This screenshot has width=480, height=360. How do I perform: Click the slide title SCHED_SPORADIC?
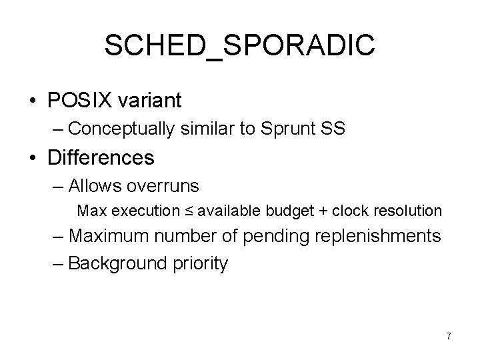pos(240,45)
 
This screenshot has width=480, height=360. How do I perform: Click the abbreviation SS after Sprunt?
pos(333,129)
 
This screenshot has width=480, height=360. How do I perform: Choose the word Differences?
pos(101,158)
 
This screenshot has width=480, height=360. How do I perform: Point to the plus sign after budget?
pos(323,211)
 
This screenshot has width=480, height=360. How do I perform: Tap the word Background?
pos(113,263)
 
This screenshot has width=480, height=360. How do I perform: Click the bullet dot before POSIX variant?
pos(33,101)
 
